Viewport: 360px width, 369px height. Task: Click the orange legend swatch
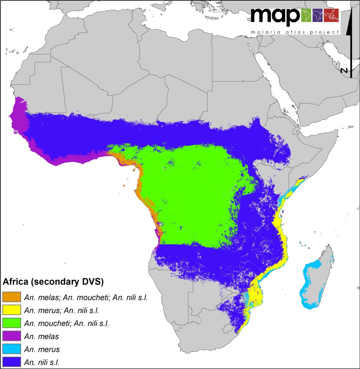point(12,297)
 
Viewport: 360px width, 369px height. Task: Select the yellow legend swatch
point(12,310)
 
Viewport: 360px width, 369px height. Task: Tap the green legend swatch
point(12,323)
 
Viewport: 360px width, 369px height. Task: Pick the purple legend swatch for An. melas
point(12,336)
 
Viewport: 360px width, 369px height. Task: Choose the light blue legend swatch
point(12,349)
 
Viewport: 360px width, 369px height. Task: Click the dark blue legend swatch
point(12,362)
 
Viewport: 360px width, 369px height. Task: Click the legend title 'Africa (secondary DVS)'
point(53,282)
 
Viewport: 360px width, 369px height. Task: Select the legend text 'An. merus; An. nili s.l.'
point(61,311)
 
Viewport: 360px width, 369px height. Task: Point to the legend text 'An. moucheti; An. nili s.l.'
point(66,323)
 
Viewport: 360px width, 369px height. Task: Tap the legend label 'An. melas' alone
point(41,336)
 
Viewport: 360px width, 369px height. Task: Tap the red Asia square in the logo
point(331,16)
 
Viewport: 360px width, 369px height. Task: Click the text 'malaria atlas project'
point(295,32)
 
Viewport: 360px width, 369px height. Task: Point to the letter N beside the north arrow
point(344,70)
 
